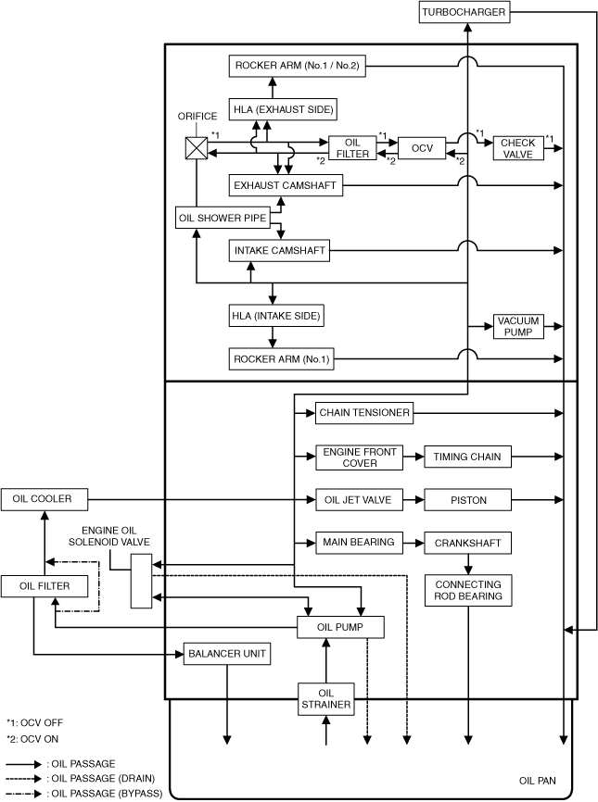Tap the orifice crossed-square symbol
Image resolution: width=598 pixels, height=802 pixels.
point(197,149)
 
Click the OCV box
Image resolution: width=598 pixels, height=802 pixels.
point(423,148)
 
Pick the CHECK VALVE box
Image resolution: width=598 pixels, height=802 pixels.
point(518,148)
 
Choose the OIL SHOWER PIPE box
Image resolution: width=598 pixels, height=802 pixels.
point(222,219)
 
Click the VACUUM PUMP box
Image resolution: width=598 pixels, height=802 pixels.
point(518,326)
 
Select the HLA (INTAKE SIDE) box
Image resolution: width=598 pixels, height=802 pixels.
point(276,316)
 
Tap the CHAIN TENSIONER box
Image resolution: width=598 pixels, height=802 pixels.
point(363,412)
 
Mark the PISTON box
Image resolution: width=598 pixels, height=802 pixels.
point(468,500)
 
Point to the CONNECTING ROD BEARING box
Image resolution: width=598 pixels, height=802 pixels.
point(468,591)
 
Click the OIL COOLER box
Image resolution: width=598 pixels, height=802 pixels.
point(44,499)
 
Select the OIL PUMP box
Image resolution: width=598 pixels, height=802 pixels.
point(340,627)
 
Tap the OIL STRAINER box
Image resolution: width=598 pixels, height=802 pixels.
point(325,699)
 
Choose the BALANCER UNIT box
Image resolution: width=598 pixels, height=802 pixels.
point(227,654)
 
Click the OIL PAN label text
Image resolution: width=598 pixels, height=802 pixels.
point(538,782)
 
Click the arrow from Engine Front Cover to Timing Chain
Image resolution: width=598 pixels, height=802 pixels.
point(413,457)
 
